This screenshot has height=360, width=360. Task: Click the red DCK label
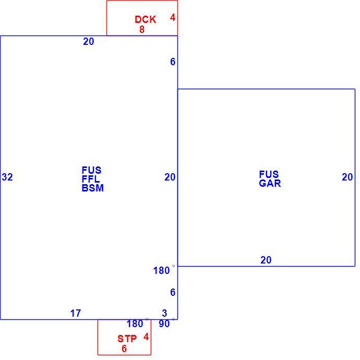click(x=146, y=19)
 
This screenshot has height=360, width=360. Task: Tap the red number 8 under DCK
click(x=142, y=29)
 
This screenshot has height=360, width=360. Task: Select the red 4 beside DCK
click(x=173, y=17)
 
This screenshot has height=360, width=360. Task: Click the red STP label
click(x=127, y=339)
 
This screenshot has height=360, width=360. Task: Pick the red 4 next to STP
click(x=146, y=337)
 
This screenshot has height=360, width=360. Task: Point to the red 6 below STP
click(x=124, y=349)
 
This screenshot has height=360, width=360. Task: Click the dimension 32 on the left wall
click(x=7, y=177)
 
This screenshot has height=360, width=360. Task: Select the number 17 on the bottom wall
click(x=76, y=313)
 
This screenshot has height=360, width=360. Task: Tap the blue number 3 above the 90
click(x=164, y=313)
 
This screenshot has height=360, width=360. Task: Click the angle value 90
click(x=164, y=323)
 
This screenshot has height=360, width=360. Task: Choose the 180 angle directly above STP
click(x=135, y=323)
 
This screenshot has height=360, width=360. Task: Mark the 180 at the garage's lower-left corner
click(x=161, y=270)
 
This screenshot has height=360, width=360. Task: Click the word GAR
click(x=270, y=183)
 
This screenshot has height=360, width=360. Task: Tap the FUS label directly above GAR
click(x=269, y=174)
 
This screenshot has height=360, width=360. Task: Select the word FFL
click(x=91, y=179)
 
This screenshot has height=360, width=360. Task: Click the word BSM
click(x=93, y=188)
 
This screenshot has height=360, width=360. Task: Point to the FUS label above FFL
click(x=92, y=170)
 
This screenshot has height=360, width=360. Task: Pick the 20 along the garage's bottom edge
click(x=266, y=260)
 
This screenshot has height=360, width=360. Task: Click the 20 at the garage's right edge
click(x=347, y=177)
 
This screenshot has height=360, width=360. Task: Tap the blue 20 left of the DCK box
click(x=89, y=41)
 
